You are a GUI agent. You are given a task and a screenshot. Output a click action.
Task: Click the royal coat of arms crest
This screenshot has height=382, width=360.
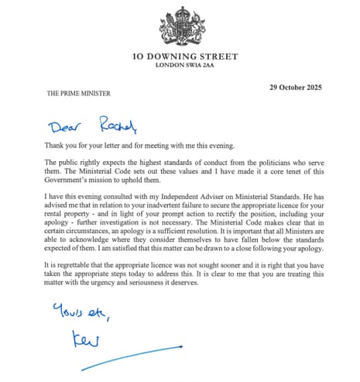point(182,25)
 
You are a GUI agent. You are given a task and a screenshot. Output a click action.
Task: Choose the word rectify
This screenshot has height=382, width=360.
point(235,219)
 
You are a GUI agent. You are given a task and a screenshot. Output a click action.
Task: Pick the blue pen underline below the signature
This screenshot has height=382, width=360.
point(124,365)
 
